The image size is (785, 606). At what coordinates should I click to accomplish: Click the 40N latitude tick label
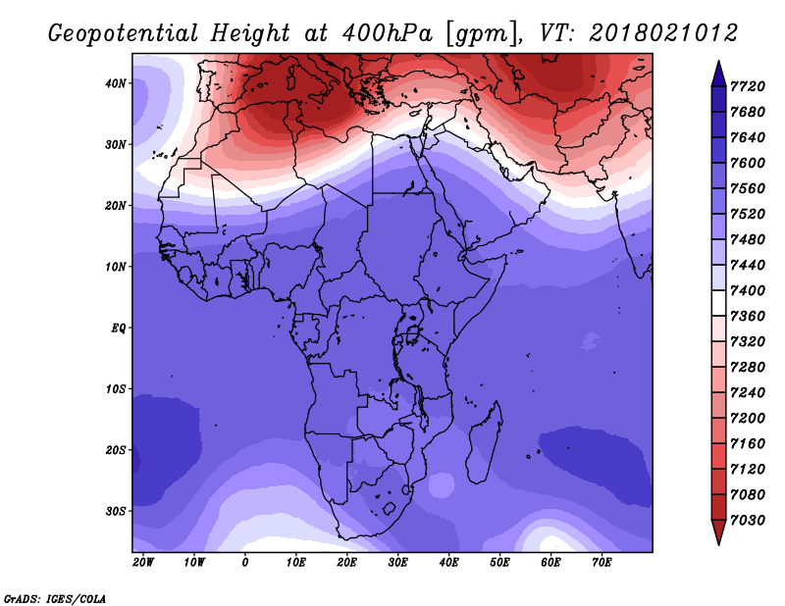[x=117, y=83]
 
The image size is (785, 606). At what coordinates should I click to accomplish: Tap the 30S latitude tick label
[x=117, y=511]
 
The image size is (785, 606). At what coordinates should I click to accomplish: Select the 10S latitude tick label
[x=117, y=388]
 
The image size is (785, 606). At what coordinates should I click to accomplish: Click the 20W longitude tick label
[x=143, y=562]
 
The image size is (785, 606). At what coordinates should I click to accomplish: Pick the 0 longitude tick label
[x=245, y=562]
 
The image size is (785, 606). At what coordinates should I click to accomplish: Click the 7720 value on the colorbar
[x=752, y=86]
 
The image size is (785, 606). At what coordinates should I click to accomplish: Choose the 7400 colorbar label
[x=752, y=291]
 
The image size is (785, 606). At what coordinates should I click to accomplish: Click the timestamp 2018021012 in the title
[x=662, y=32]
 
